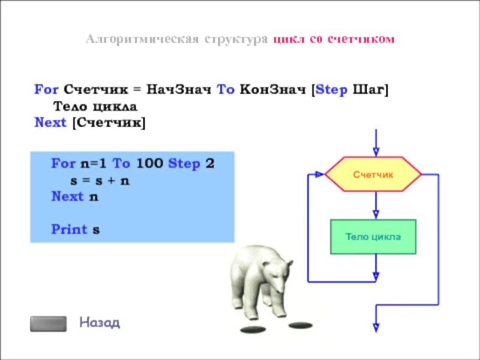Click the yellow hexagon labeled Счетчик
click(x=373, y=174)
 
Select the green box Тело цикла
click(x=373, y=236)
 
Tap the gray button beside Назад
click(x=49, y=323)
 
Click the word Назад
click(x=100, y=323)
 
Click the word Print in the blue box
click(x=68, y=229)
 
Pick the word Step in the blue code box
click(x=184, y=163)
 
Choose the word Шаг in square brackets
click(x=371, y=90)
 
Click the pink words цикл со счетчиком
click(x=334, y=40)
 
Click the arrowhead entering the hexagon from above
click(x=376, y=151)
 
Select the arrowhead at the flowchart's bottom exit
click(x=376, y=327)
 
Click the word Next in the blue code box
click(x=67, y=196)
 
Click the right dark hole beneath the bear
click(x=300, y=325)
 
